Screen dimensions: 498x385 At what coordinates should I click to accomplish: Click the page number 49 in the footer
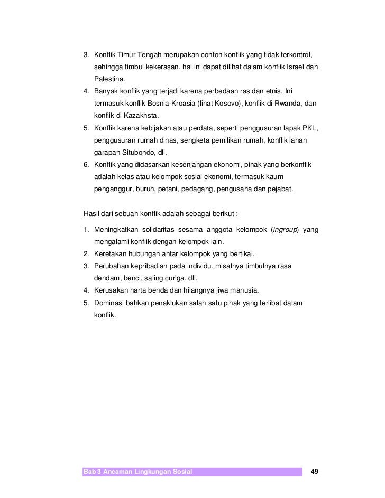pyautogui.click(x=315, y=471)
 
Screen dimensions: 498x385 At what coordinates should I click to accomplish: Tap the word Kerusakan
pyautogui.click(x=111, y=291)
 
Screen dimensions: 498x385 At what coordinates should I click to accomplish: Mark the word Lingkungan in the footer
pyautogui.click(x=151, y=471)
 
